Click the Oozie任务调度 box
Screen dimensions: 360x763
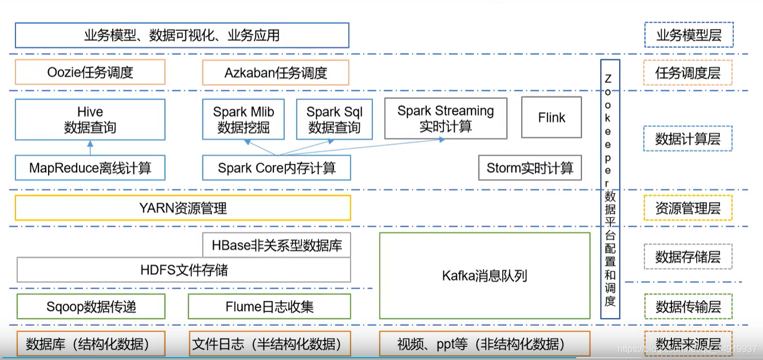pyautogui.click(x=90, y=73)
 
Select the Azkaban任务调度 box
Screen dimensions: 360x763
pyautogui.click(x=276, y=73)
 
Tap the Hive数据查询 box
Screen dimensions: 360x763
pyautogui.click(x=90, y=120)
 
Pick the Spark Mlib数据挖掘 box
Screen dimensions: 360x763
pyautogui.click(x=244, y=120)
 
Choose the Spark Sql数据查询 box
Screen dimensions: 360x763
pyautogui.click(x=334, y=120)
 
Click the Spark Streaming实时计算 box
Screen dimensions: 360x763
pyautogui.click(x=446, y=118)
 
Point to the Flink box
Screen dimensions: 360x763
pyautogui.click(x=551, y=117)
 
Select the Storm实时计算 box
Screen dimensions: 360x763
pyautogui.click(x=530, y=168)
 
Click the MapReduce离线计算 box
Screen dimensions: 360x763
pyautogui.click(x=90, y=168)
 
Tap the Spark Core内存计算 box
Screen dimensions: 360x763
pyautogui.click(x=276, y=168)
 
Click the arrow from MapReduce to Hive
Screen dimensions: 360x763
pyautogui.click(x=90, y=148)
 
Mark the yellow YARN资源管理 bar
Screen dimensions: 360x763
pyautogui.click(x=182, y=208)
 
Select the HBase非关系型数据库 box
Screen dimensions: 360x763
pyautogui.click(x=277, y=246)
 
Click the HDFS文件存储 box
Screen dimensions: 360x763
pyautogui.click(x=184, y=270)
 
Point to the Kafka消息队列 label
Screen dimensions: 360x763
pyautogui.click(x=484, y=276)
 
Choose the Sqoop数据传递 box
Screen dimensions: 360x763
pyautogui.click(x=91, y=306)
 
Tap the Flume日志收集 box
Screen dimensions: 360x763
pyautogui.click(x=269, y=306)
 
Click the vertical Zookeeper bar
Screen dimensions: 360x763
pyautogui.click(x=610, y=189)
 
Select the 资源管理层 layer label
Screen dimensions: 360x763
pyautogui.click(x=688, y=208)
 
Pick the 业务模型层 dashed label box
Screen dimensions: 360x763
pyautogui.click(x=688, y=35)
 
